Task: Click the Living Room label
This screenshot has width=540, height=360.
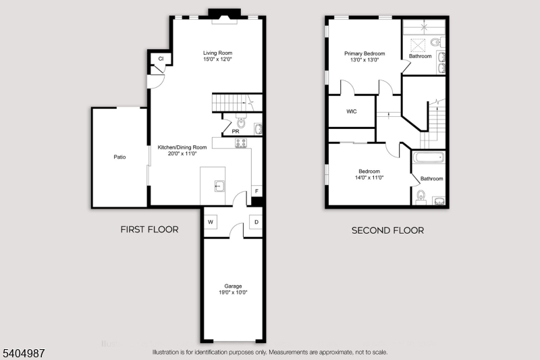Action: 217,53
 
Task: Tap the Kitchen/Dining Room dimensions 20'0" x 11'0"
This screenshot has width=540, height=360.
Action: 182,153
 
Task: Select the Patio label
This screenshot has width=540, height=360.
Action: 119,157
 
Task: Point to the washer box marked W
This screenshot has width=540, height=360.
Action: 211,222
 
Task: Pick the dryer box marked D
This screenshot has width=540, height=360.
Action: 256,222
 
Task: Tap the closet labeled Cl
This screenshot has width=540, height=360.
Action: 161,59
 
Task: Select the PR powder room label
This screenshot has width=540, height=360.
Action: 236,131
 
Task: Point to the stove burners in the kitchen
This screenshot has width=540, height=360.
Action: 241,143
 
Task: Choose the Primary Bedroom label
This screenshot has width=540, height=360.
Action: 364,53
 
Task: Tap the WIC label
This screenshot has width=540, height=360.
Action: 351,111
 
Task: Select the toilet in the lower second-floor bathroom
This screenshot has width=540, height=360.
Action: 421,196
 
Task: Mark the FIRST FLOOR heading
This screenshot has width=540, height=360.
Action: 149,230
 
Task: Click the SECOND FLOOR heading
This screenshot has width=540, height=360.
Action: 387,230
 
